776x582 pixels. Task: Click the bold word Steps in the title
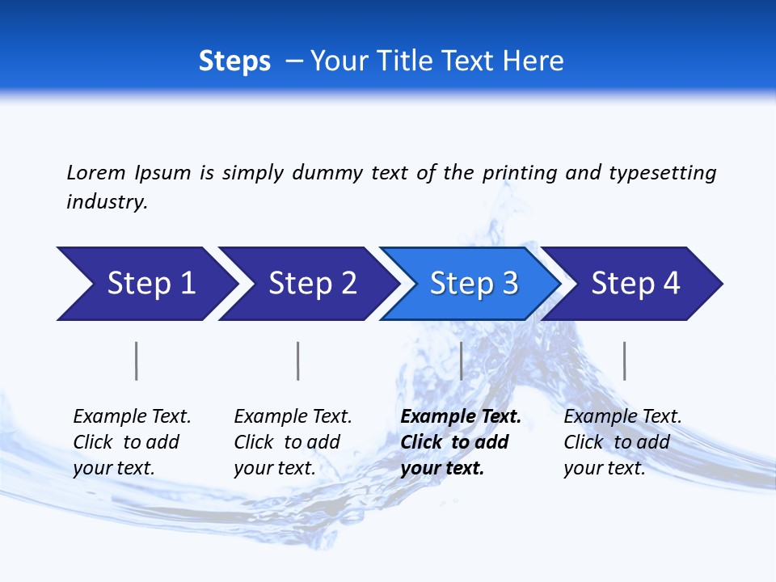[x=234, y=61]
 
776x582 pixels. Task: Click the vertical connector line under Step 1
[x=136, y=361]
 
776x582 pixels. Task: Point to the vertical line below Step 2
[x=298, y=361]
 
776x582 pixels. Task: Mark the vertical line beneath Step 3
[x=461, y=361]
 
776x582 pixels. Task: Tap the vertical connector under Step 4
[x=624, y=361]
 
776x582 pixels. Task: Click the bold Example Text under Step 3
[x=461, y=417]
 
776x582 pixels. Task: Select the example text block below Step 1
[x=132, y=442]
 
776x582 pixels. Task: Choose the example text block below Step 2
[x=293, y=442]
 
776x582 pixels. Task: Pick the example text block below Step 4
[x=622, y=442]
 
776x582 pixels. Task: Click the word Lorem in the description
[x=96, y=173]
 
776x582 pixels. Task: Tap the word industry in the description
[x=107, y=202]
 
